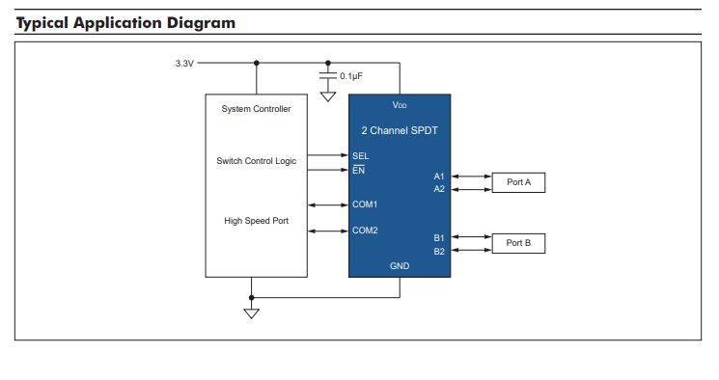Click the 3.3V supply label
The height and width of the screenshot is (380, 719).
[184, 64]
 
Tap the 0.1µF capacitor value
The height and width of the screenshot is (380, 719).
[351, 76]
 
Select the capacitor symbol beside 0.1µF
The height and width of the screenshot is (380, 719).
[328, 75]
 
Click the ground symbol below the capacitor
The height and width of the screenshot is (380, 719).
[328, 96]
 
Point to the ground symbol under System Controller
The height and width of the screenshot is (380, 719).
[251, 313]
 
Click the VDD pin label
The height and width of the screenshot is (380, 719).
[400, 105]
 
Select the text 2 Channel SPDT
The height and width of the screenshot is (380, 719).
[400, 130]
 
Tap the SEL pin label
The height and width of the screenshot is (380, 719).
[360, 156]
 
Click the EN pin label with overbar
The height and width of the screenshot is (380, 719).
[359, 170]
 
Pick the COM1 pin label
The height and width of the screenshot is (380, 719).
[365, 204]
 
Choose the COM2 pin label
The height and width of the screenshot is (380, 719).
[365, 231]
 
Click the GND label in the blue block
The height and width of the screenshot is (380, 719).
[400, 266]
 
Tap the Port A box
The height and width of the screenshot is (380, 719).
[518, 182]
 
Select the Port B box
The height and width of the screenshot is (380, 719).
[518, 243]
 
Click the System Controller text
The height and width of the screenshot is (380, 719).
[257, 109]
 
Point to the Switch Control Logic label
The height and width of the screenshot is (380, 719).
[257, 161]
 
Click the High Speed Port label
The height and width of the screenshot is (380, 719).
[257, 221]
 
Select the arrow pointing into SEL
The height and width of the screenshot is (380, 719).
[328, 155]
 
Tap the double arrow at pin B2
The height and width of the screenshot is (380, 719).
[471, 250]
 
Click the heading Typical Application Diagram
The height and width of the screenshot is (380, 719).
[125, 23]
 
